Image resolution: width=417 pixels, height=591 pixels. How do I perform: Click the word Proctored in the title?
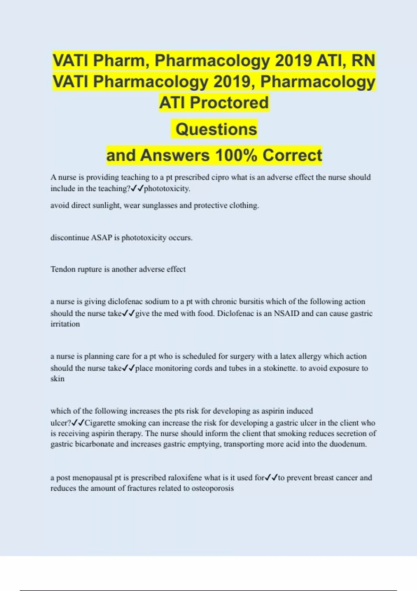click(229, 103)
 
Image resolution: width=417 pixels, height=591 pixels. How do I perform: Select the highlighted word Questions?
click(216, 129)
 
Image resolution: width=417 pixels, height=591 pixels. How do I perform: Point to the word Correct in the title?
click(292, 155)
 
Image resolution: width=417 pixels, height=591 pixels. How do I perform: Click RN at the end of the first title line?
click(363, 60)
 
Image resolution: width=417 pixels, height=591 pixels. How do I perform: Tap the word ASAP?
click(101, 238)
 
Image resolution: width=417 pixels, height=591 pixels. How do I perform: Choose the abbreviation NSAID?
click(286, 313)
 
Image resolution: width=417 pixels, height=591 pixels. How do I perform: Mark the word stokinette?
click(280, 368)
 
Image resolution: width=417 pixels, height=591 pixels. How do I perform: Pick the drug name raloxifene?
click(185, 478)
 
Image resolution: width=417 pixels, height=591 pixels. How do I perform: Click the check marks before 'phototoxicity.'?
click(137, 188)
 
